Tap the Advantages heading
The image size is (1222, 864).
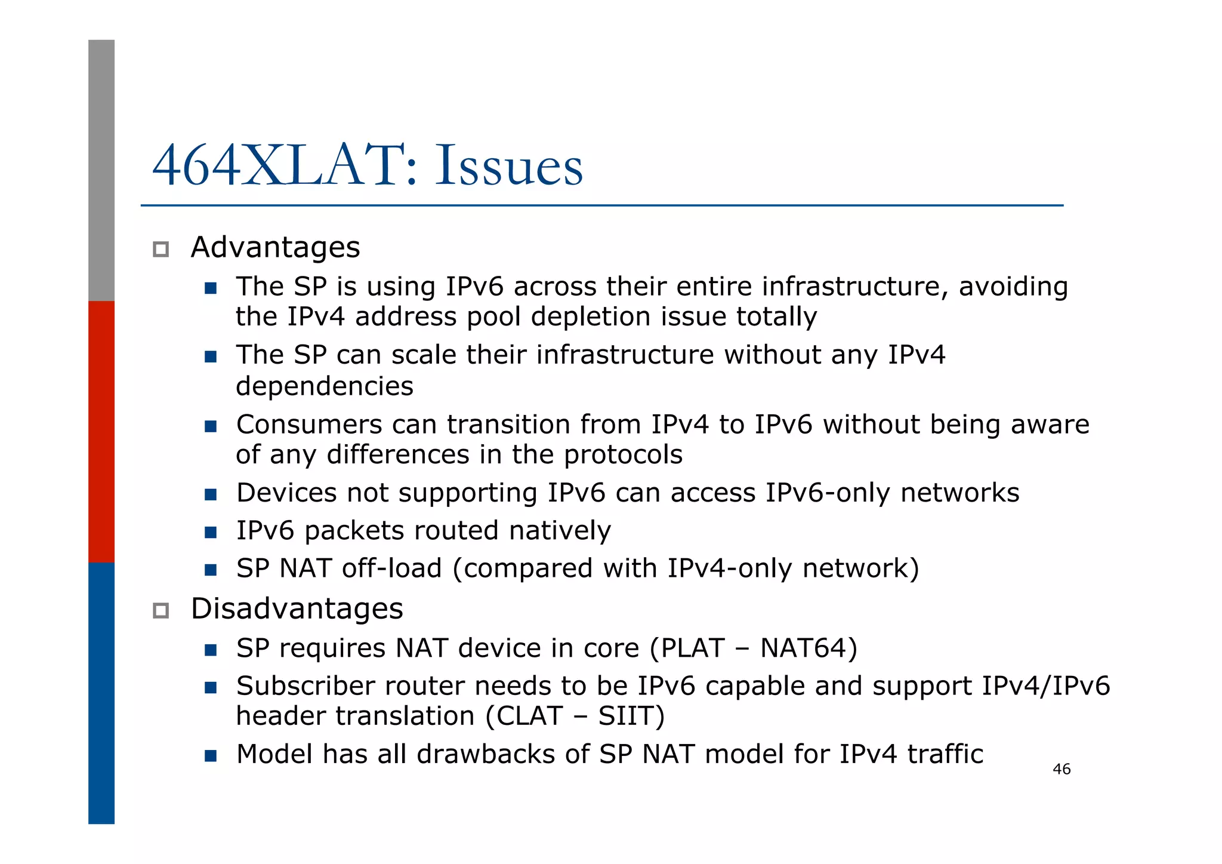(275, 247)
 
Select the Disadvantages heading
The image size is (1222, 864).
(297, 609)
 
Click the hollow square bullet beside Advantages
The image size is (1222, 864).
(161, 249)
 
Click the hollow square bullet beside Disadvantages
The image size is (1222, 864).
(161, 610)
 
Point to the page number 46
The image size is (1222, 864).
(1061, 769)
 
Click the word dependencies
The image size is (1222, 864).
(324, 386)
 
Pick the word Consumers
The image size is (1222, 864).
(308, 425)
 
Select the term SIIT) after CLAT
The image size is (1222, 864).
(631, 716)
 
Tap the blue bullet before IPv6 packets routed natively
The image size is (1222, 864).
(210, 532)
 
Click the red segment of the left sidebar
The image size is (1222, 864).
(101, 431)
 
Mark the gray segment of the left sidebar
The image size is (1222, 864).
(101, 170)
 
